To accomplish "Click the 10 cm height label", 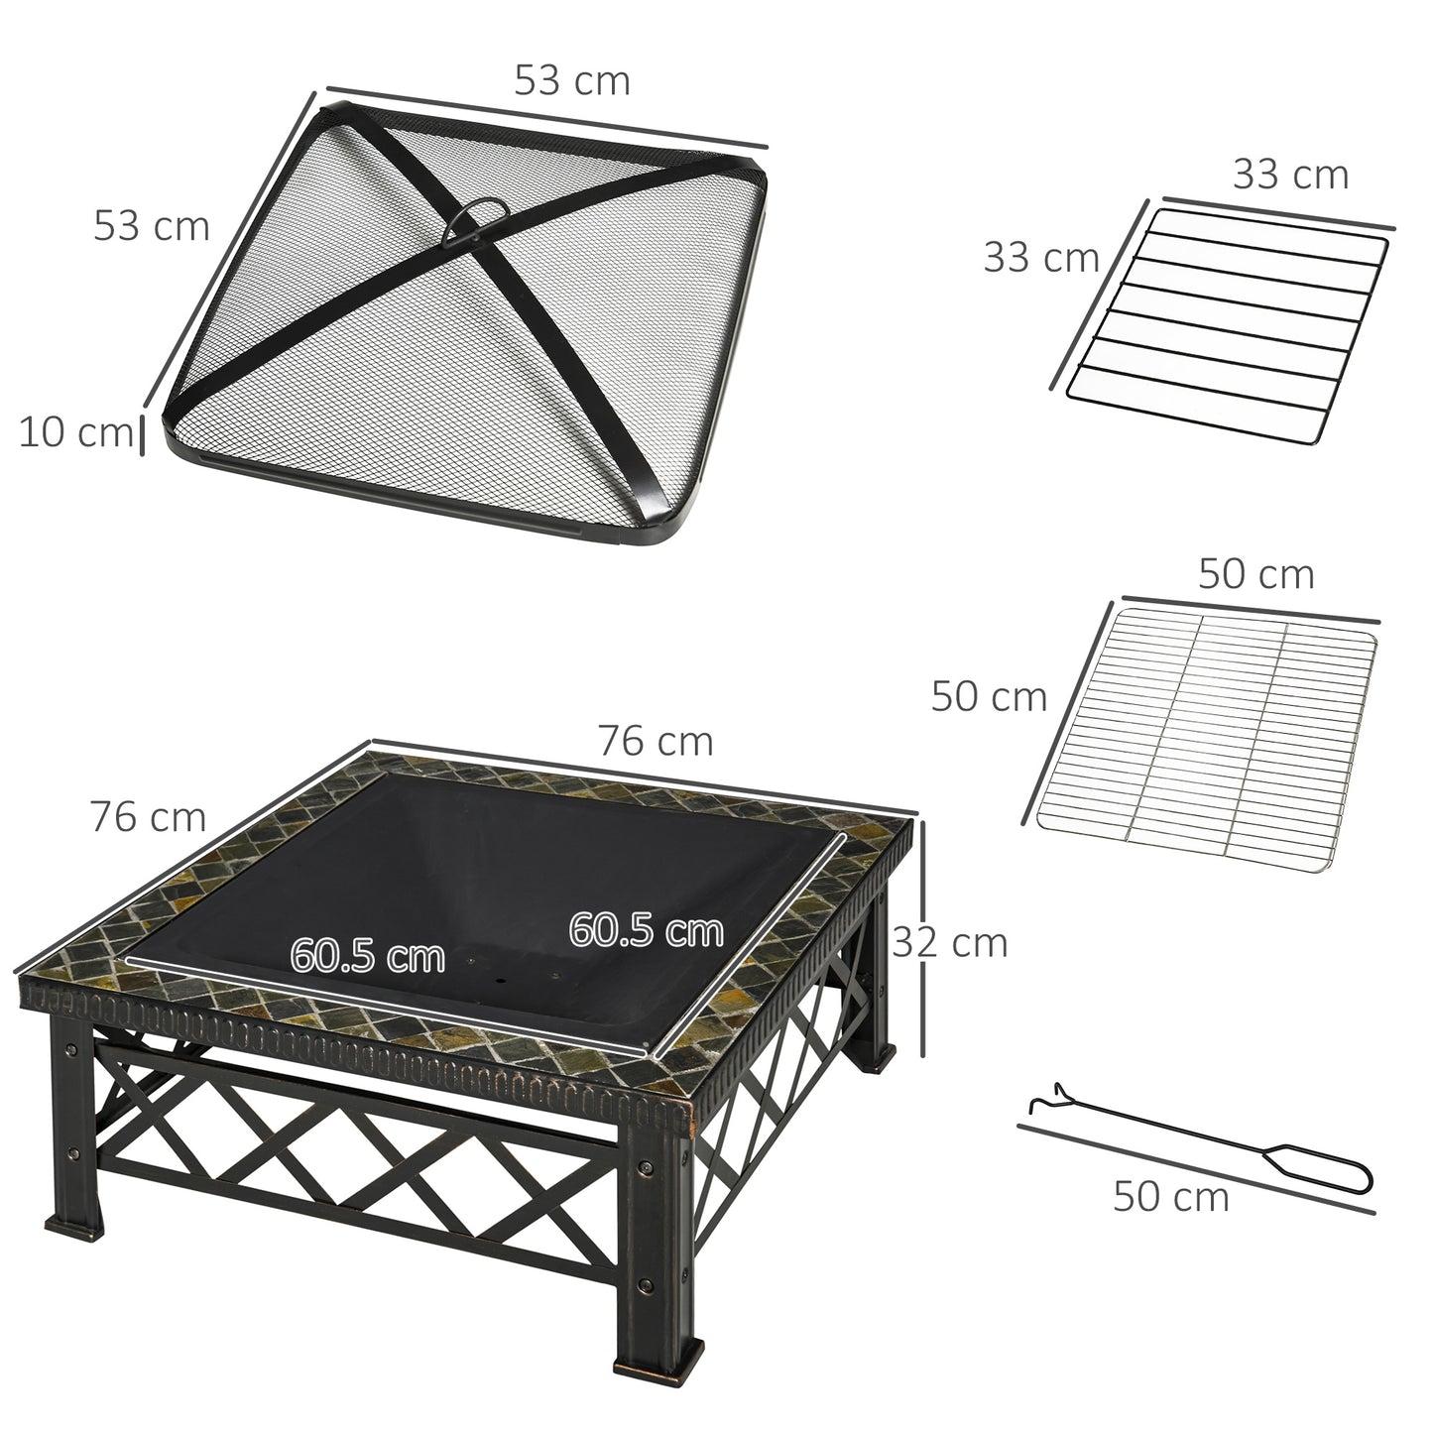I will click(x=75, y=433).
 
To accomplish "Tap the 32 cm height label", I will click(x=950, y=942).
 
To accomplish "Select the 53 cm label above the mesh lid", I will click(x=571, y=81).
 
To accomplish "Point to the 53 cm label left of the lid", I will click(x=152, y=226).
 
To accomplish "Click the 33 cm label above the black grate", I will click(x=1290, y=175).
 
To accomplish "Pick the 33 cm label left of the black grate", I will click(x=1041, y=258).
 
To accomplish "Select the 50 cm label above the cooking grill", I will click(x=1255, y=574).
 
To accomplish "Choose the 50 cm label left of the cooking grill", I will click(x=989, y=697).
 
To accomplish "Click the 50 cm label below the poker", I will click(x=1170, y=1197).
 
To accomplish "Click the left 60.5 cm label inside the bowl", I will click(x=367, y=957).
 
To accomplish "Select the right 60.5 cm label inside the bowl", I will click(x=646, y=930).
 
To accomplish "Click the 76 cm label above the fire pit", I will click(x=655, y=741).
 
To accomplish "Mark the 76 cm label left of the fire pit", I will click(x=148, y=817).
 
